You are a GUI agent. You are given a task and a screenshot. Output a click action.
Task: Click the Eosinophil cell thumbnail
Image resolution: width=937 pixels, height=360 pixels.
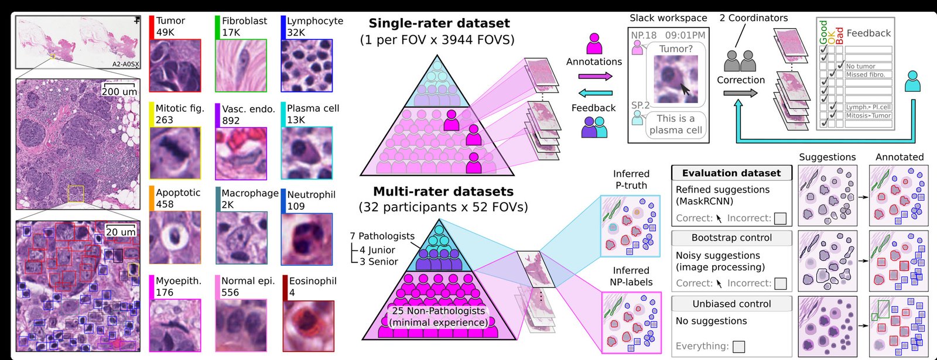tap(309, 326)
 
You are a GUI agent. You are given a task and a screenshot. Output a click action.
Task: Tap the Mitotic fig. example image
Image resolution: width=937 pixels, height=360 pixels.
tap(175, 153)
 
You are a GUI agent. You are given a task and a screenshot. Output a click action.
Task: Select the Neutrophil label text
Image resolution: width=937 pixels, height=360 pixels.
tap(311, 194)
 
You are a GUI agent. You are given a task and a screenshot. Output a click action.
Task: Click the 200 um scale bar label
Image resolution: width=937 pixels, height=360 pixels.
tap(119, 92)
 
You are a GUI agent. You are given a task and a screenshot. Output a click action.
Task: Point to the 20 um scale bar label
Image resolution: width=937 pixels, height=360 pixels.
tap(121, 232)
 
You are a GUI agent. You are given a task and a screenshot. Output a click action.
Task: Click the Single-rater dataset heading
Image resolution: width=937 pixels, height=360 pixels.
tap(439, 23)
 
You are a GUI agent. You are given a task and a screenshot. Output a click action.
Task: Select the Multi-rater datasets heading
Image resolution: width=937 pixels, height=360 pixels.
tap(443, 191)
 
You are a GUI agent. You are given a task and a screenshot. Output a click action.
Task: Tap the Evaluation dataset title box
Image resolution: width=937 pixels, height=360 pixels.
tap(731, 173)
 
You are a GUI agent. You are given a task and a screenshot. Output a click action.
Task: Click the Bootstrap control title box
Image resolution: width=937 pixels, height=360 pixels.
tap(731, 238)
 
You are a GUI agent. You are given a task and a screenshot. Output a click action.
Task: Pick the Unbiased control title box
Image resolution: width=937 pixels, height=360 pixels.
tap(731, 304)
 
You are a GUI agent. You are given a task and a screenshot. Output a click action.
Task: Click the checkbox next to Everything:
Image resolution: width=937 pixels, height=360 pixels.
tap(739, 347)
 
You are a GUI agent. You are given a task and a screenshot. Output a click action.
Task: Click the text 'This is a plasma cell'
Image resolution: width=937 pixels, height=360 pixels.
tap(675, 124)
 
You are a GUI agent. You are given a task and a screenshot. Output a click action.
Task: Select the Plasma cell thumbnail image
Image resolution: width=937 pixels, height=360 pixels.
tap(306, 153)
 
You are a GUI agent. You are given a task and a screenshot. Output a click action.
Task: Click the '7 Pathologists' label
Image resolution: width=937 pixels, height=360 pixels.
tap(382, 236)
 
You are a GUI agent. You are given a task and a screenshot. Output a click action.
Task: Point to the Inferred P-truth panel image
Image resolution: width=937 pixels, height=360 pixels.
tap(631, 226)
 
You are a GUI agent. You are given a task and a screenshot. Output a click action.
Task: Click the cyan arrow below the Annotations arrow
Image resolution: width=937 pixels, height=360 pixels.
tap(595, 92)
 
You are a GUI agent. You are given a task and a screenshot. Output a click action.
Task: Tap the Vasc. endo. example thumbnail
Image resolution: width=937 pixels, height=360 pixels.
tap(241, 153)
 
